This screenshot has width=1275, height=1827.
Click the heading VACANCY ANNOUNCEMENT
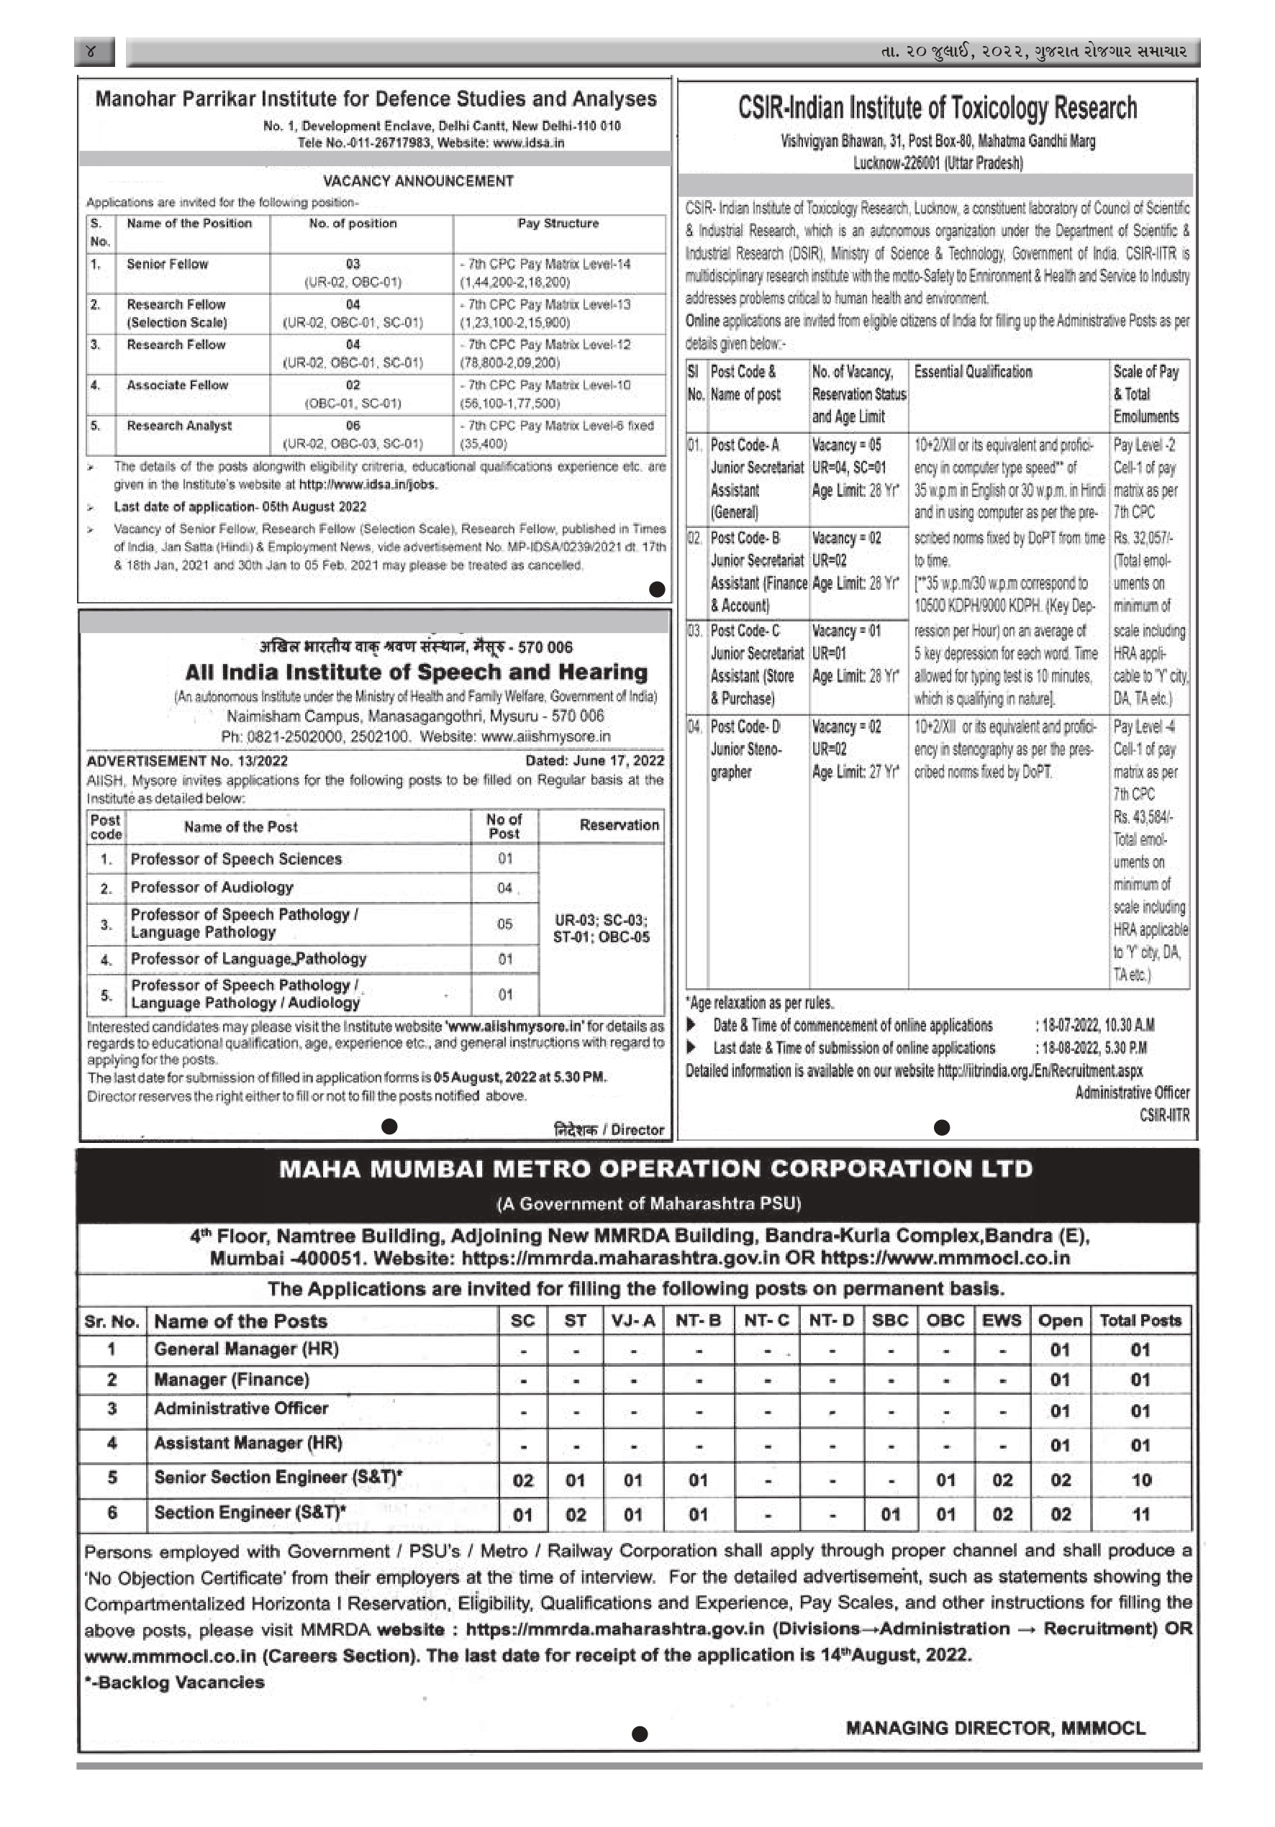click(418, 181)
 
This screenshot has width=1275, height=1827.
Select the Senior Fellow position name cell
click(167, 264)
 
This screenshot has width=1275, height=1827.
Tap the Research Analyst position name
click(179, 426)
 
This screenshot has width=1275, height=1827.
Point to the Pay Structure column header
click(558, 224)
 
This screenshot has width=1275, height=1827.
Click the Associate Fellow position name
click(178, 385)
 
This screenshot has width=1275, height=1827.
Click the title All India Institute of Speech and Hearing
click(416, 673)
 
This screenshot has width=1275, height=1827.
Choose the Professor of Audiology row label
click(212, 887)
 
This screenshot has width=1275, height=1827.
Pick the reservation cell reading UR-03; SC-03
click(601, 928)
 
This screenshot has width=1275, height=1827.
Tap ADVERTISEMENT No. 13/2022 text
click(187, 761)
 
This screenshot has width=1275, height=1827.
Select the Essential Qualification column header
click(973, 372)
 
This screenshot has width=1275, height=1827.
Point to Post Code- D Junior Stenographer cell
click(745, 749)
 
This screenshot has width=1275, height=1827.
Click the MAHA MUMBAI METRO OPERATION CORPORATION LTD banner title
click(655, 1169)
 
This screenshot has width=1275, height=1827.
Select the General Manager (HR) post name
click(246, 1349)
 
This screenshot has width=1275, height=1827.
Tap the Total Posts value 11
click(1140, 1515)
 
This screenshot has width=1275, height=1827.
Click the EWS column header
click(1001, 1321)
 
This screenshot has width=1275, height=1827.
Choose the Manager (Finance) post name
click(232, 1380)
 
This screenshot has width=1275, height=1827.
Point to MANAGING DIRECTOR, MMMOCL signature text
click(995, 1728)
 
